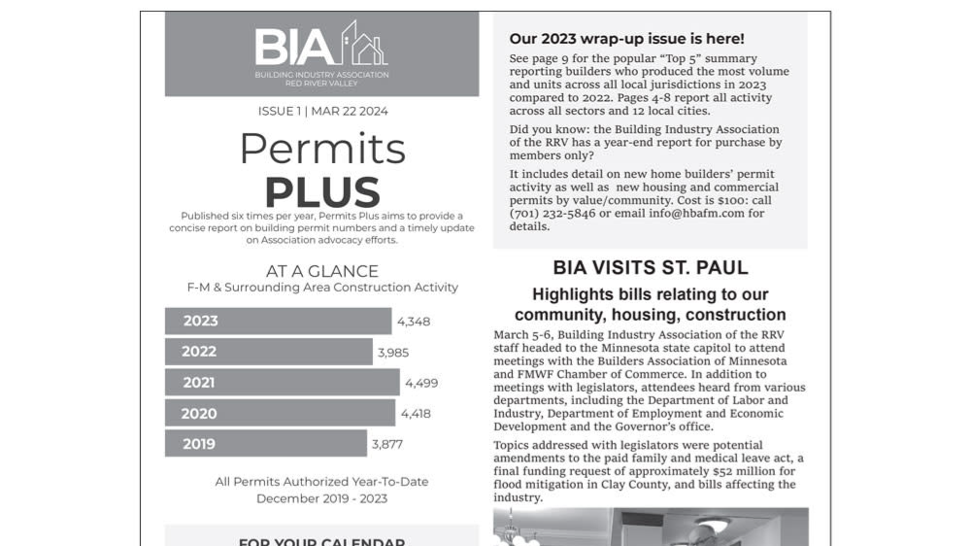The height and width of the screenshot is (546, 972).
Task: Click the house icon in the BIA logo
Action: point(365,45)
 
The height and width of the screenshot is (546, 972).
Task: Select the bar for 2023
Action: point(278,321)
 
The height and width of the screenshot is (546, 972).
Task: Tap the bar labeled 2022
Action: point(268,352)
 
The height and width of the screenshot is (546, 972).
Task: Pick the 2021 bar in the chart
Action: point(282,383)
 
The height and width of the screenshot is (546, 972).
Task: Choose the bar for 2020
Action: point(280,413)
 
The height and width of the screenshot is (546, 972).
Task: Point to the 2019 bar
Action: point(265,444)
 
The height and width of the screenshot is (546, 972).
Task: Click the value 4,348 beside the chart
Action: point(414,322)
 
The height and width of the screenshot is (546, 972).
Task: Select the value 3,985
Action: point(393,352)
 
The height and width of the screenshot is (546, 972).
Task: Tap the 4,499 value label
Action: point(421,383)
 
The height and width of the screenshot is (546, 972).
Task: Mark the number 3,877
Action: point(386,445)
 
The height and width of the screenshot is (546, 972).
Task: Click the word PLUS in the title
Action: point(321,191)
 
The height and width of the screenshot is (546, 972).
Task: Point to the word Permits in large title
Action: point(321,149)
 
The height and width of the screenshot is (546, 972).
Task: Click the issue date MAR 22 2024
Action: point(350,111)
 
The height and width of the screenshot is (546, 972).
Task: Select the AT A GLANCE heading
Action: point(321,271)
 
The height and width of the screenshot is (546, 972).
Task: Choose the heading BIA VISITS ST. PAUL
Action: point(650,267)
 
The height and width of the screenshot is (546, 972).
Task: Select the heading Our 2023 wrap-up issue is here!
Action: point(626,39)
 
